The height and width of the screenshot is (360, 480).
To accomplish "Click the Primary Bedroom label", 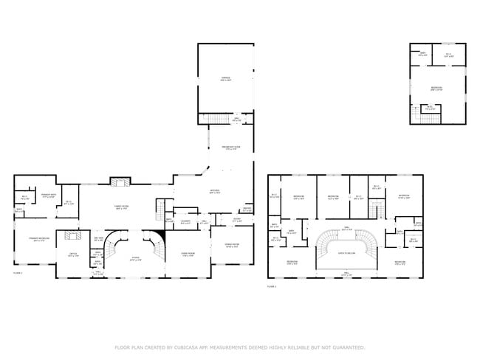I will (x=39, y=239).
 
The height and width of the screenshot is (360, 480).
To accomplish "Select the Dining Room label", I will (x=230, y=246).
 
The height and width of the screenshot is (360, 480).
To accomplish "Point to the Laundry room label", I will (x=186, y=221).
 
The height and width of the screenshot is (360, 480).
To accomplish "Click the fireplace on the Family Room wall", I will (x=119, y=181).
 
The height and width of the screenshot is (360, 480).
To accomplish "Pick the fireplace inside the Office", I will (x=72, y=236).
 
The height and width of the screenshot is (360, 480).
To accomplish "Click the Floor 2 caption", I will (x=271, y=286).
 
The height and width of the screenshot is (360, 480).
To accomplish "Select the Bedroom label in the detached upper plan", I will (x=436, y=88).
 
